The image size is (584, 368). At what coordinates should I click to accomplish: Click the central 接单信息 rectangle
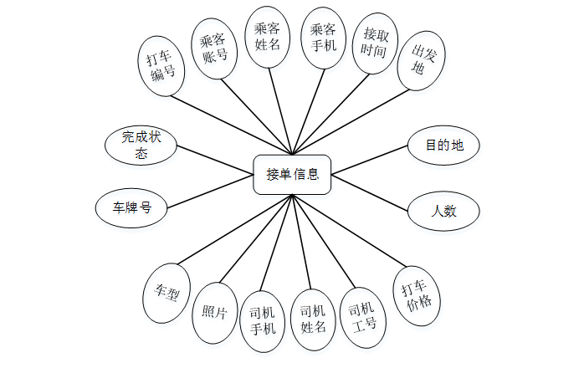[x=292, y=175]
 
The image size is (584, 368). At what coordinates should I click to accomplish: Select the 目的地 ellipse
[x=443, y=146]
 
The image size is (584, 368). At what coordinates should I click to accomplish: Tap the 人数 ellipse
[x=443, y=211]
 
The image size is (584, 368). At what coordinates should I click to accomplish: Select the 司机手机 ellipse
[x=263, y=319]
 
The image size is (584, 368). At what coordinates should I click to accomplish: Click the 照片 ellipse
[x=215, y=313]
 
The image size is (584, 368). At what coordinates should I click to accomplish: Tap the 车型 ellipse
[x=166, y=293]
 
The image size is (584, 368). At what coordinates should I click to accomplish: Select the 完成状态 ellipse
[x=141, y=144]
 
